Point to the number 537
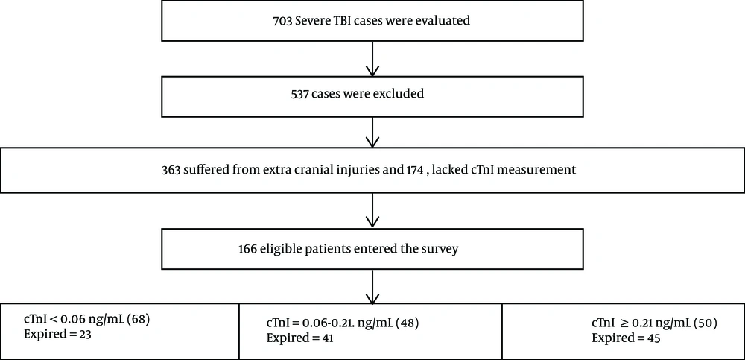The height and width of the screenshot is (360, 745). coord(301,94)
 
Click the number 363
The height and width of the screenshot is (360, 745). coord(171,171)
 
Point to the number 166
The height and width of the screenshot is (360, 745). coord(247,249)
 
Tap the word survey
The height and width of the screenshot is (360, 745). coord(443,249)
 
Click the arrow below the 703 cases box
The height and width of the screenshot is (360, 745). coord(372,58)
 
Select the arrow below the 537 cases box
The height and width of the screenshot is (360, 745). coord(372,132)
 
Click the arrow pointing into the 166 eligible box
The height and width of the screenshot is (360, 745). coord(372,209)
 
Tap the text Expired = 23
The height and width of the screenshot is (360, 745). coord(57,335)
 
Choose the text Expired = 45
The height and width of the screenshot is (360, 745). coord(626,339)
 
